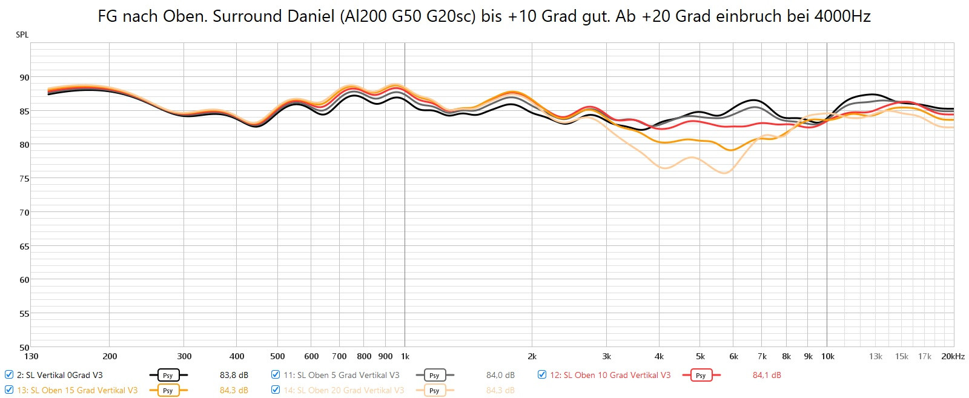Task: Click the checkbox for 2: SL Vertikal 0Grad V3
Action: point(9,375)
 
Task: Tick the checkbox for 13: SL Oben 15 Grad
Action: point(9,390)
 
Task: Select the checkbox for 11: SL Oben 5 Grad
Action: point(276,375)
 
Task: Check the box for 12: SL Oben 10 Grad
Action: point(542,375)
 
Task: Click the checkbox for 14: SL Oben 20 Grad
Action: point(276,390)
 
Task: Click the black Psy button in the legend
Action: point(168,376)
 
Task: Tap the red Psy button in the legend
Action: point(701,376)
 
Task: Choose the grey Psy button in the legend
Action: point(434,376)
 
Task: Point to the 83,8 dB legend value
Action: point(234,376)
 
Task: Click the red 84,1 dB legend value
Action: point(767,376)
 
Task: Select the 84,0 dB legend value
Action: point(500,376)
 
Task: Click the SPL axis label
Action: point(22,35)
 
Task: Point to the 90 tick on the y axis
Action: point(24,78)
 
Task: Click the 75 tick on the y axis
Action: point(24,179)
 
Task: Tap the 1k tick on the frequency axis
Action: point(405,357)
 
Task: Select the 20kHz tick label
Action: point(953,357)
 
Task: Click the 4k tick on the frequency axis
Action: point(659,357)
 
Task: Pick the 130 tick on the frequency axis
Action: point(31,357)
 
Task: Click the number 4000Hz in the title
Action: point(842,16)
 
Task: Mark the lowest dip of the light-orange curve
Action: point(724,173)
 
